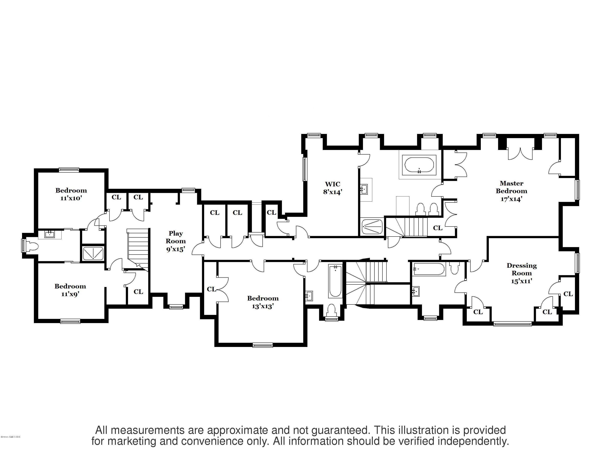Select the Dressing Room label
pyautogui.click(x=521, y=269)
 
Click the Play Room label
pyautogui.click(x=175, y=237)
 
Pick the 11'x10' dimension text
pyautogui.click(x=71, y=198)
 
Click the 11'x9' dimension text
pyautogui.click(x=70, y=294)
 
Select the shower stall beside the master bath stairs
pyautogui.click(x=372, y=227)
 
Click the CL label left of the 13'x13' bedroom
pyautogui.click(x=211, y=289)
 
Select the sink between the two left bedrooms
pyautogui.click(x=50, y=234)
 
